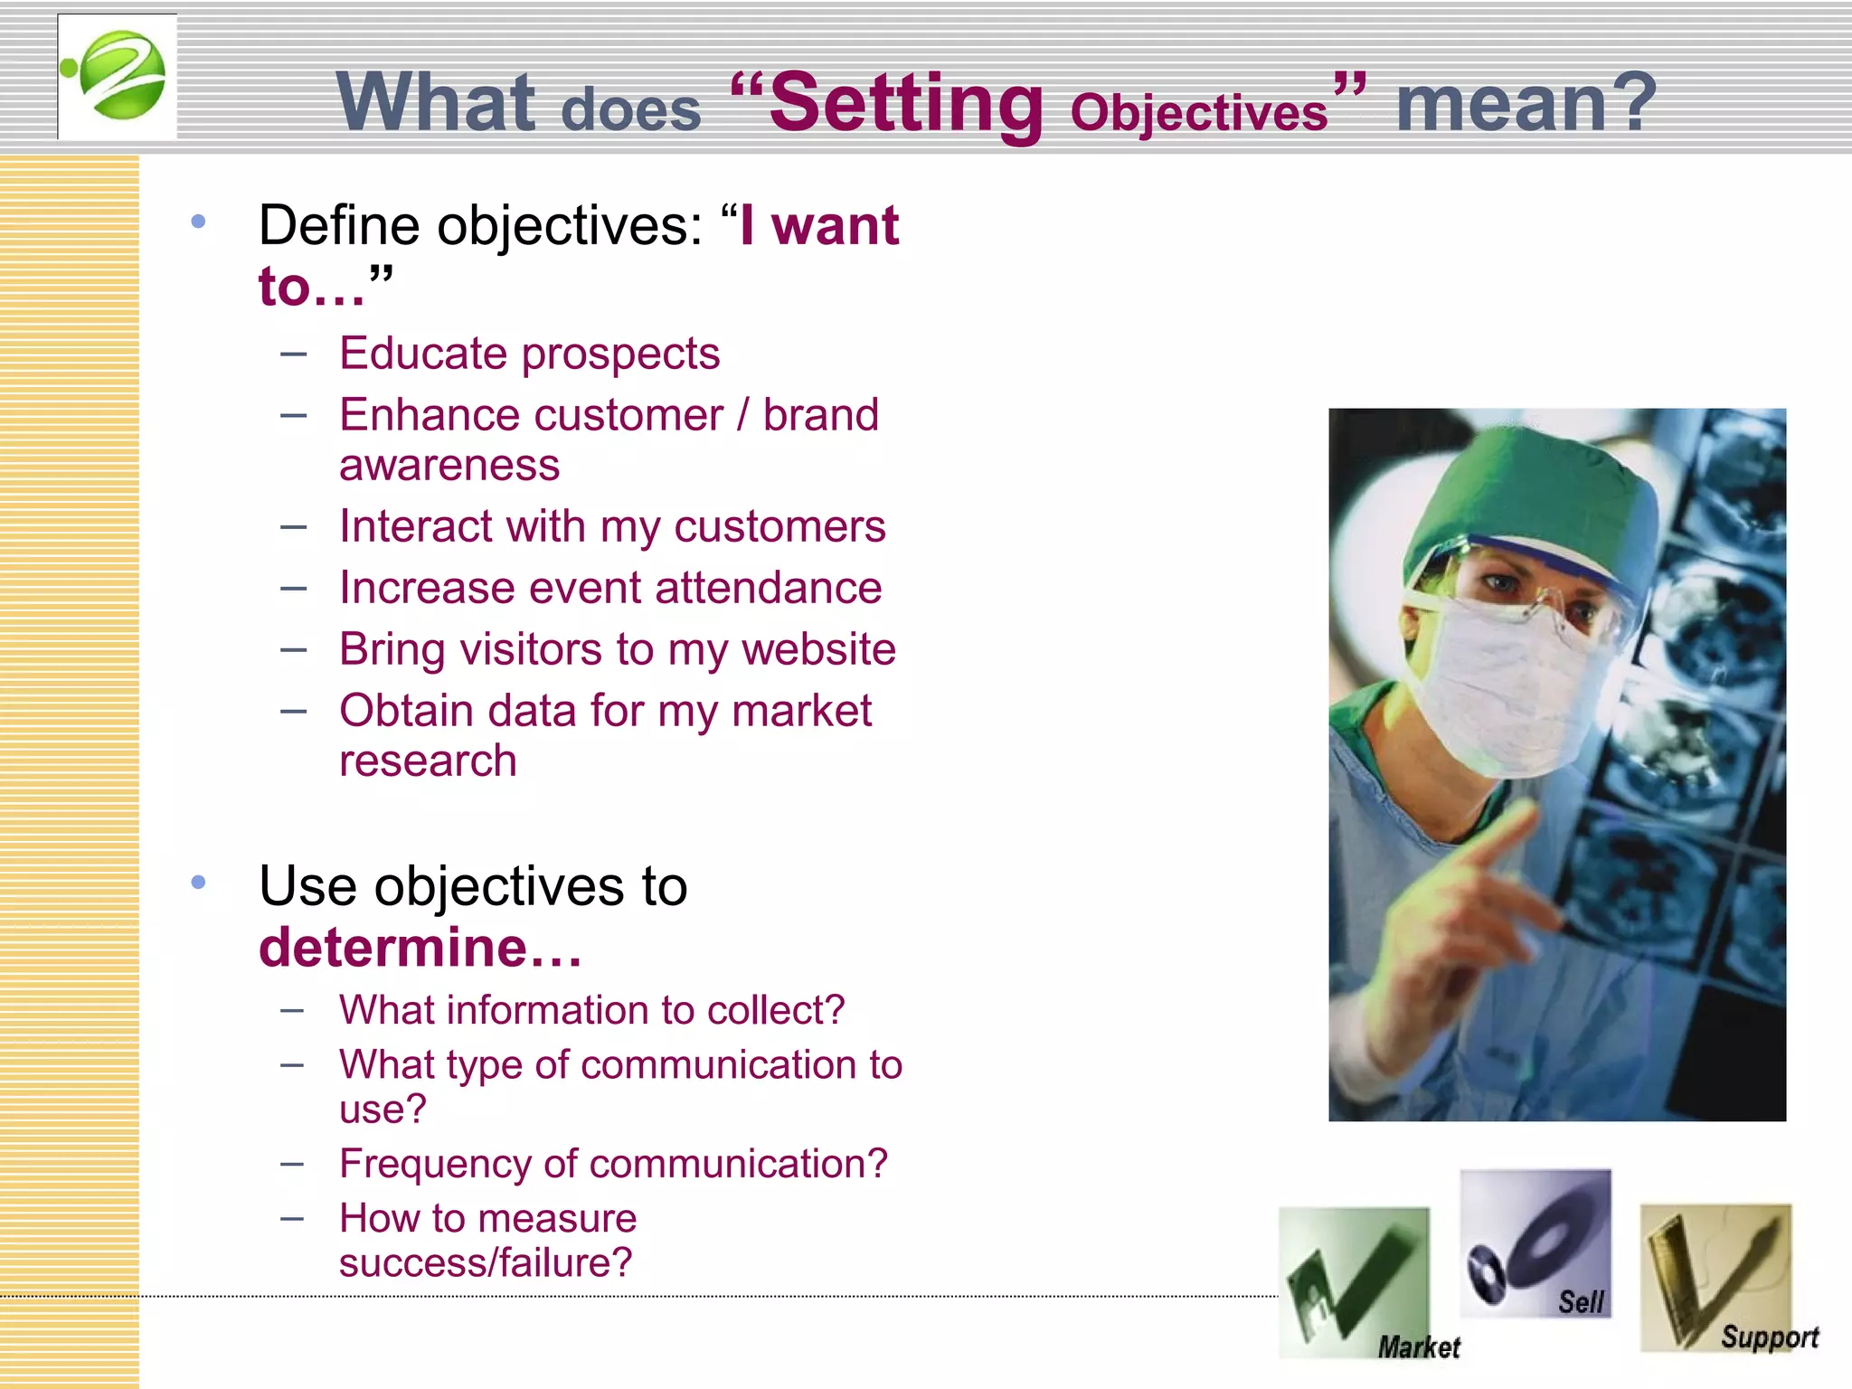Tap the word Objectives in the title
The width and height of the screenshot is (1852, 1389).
point(1198,113)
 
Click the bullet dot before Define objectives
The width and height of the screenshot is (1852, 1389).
point(199,222)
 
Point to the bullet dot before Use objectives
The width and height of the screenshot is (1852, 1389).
point(199,882)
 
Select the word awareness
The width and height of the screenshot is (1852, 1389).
point(449,466)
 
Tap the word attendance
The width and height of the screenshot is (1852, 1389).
point(768,588)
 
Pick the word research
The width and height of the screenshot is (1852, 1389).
point(428,761)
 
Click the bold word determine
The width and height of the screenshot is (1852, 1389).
point(393,948)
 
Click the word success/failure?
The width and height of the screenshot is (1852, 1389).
point(486,1262)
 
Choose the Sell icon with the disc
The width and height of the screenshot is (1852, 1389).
point(1535,1243)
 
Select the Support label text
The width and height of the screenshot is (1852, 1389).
point(1769,1337)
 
